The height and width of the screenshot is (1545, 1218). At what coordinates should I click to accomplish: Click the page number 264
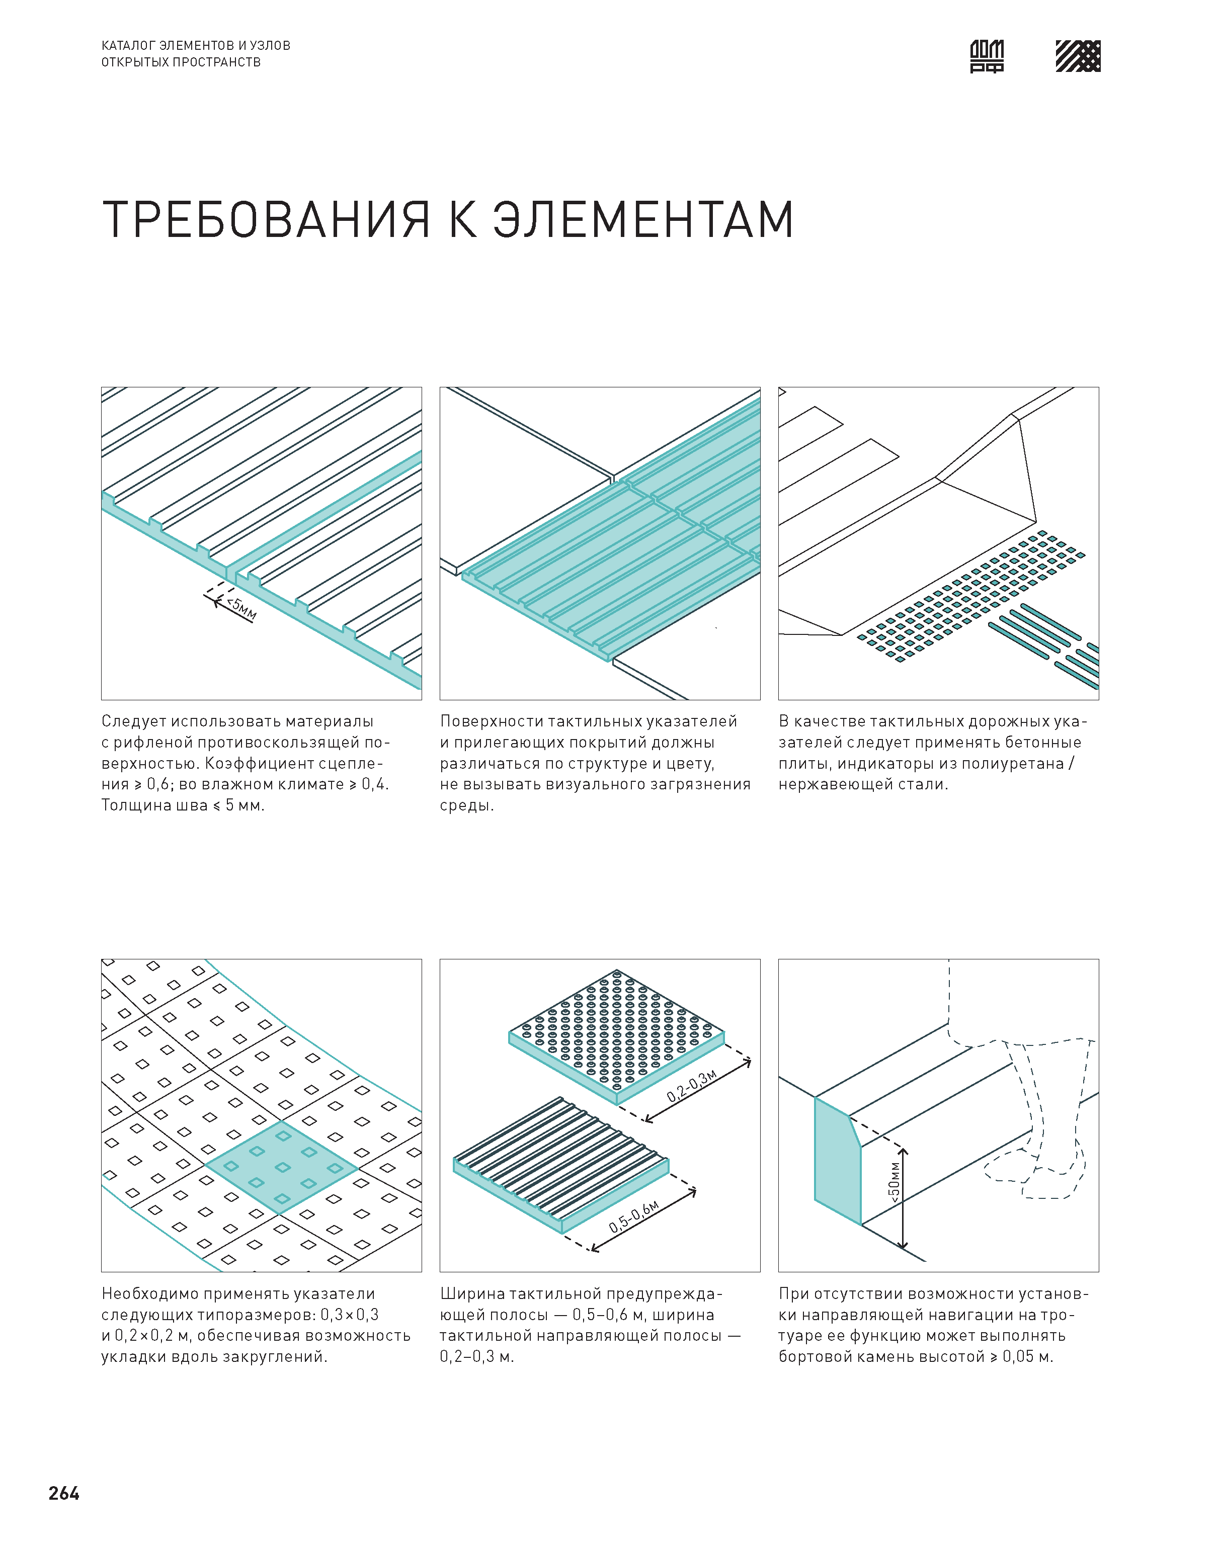(64, 1493)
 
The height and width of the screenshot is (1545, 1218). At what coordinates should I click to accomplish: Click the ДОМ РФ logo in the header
(987, 56)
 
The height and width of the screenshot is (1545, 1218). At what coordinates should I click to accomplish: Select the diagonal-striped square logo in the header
(1078, 56)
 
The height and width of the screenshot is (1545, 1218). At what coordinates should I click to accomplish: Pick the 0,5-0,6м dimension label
(633, 1216)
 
